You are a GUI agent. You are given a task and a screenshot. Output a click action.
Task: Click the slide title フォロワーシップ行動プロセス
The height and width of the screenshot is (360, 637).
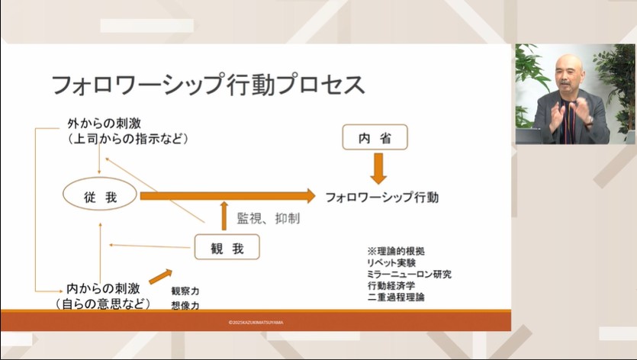pyautogui.click(x=208, y=84)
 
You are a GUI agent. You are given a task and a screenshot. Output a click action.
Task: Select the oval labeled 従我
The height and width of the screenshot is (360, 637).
pyautogui.click(x=99, y=197)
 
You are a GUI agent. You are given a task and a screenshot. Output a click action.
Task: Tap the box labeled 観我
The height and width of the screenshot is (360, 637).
pyautogui.click(x=227, y=247)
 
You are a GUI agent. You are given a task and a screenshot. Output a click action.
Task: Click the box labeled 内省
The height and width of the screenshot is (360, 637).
pyautogui.click(x=375, y=137)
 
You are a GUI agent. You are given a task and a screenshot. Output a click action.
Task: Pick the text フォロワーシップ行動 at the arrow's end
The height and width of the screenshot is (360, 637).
pyautogui.click(x=381, y=197)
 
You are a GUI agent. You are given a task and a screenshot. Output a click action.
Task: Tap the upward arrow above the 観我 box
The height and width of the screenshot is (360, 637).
pyautogui.click(x=224, y=216)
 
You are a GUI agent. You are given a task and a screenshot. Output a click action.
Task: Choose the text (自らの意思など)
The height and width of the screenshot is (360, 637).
pyautogui.click(x=102, y=304)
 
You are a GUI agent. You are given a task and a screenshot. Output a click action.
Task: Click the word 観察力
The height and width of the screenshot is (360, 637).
pyautogui.click(x=185, y=291)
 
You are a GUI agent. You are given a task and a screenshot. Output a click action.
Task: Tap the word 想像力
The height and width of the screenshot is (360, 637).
pyautogui.click(x=185, y=306)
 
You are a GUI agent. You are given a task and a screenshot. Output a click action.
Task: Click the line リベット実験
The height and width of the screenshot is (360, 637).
pyautogui.click(x=391, y=262)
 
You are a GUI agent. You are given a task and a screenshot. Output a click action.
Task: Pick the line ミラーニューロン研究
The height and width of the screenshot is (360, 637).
pyautogui.click(x=408, y=274)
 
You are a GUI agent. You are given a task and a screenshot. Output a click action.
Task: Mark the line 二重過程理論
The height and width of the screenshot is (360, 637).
pyautogui.click(x=395, y=297)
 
